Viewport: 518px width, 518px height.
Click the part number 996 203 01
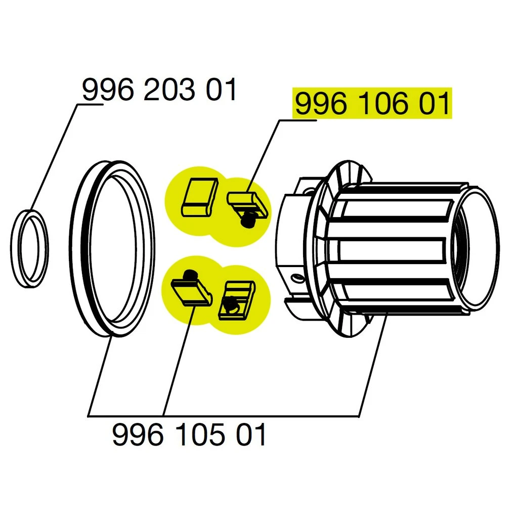[159, 90]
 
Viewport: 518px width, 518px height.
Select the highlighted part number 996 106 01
[372, 105]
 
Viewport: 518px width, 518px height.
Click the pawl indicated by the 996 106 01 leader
[247, 200]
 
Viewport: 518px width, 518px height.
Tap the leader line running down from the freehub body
[373, 365]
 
